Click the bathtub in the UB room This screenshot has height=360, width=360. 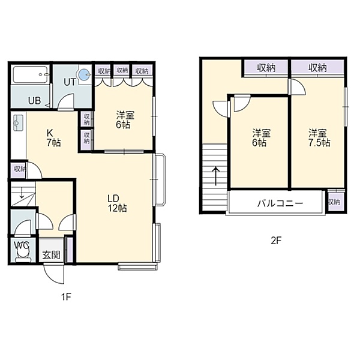click(x=31, y=74)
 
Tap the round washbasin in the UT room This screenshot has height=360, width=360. click(x=83, y=74)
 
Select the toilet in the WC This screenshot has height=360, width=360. click(x=23, y=254)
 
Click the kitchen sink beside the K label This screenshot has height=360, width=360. click(x=18, y=122)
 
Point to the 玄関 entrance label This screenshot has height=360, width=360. click(x=52, y=255)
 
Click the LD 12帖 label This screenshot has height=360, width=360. click(x=116, y=203)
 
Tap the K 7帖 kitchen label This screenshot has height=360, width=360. click(x=53, y=138)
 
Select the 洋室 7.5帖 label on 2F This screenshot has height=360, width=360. click(x=319, y=138)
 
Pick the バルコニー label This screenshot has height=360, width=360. click(x=280, y=203)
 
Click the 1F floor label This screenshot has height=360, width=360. click(x=66, y=297)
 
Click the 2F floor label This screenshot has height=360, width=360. click(x=276, y=241)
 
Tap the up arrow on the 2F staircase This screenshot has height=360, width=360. click(x=215, y=176)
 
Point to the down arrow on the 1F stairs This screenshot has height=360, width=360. click(x=22, y=193)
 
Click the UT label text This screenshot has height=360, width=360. click(x=70, y=82)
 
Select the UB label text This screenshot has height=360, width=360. click(x=34, y=101)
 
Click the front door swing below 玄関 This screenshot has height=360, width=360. click(x=54, y=274)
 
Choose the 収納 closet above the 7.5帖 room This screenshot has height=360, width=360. click(x=317, y=67)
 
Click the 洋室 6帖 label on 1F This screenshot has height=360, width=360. click(x=125, y=120)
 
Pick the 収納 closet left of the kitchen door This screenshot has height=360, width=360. click(x=19, y=169)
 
